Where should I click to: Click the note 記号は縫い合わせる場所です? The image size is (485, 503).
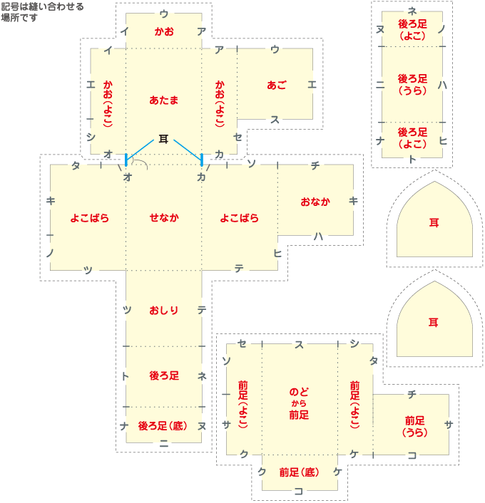point(42,12)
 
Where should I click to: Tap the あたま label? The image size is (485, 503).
point(164,100)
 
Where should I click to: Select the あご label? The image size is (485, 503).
point(277,85)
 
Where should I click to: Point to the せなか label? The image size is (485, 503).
point(164,218)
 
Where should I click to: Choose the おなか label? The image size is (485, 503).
point(315,202)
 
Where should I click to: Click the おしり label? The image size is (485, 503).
point(164,310)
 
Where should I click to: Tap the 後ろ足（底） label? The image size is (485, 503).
point(163,426)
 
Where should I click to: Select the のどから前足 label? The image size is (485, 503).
point(299,403)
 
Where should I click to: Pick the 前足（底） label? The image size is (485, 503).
point(299,472)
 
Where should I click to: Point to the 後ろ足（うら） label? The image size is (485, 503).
point(412,85)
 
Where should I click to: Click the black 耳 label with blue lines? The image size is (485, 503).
point(163,140)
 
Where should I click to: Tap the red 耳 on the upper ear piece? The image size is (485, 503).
point(434,222)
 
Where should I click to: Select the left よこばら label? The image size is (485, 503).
point(89,218)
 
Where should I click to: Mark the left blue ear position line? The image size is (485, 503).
point(126,159)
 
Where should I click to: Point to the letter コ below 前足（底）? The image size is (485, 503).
point(299,490)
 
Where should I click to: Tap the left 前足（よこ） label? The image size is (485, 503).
point(244,404)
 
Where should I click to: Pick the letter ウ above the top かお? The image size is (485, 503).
point(164,14)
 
